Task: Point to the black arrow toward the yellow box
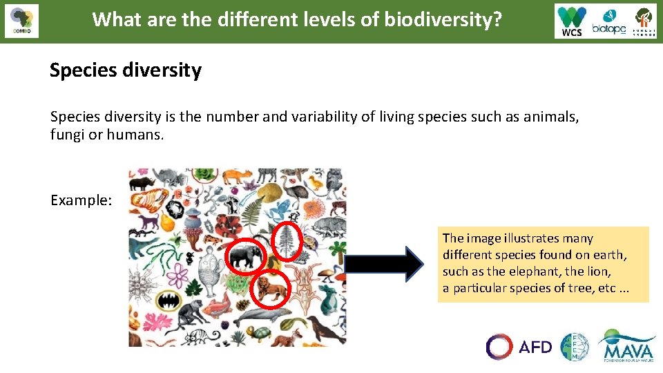click(x=384, y=265)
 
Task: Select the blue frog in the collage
click(x=281, y=207)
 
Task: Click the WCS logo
click(x=573, y=21)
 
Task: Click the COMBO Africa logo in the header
click(x=21, y=21)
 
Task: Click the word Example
click(x=80, y=200)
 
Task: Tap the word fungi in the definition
click(x=66, y=135)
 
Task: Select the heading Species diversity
click(x=125, y=70)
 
